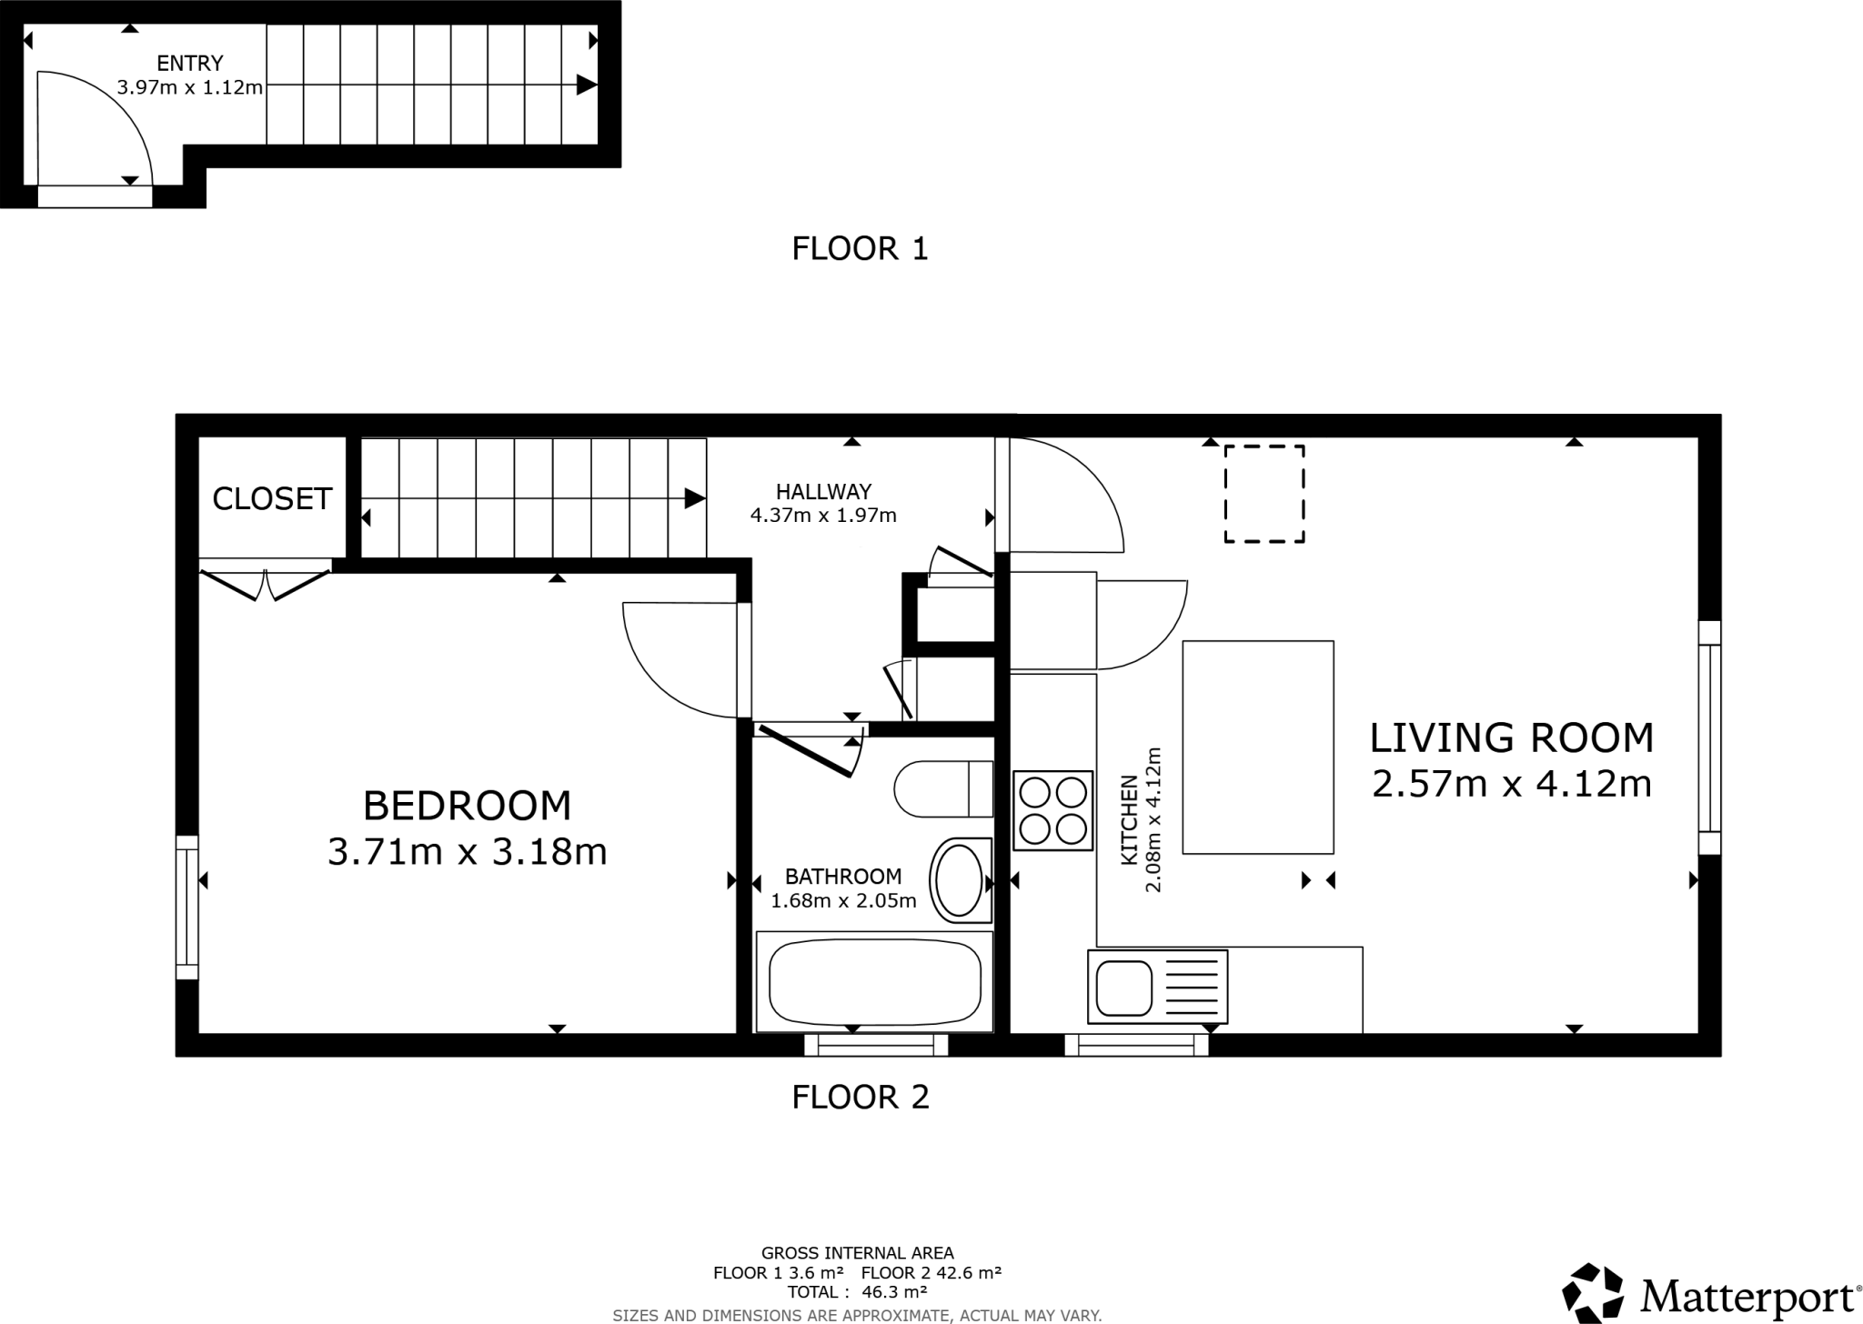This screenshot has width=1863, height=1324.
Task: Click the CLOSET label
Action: (x=272, y=498)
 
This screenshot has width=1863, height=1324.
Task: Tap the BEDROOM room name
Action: (x=467, y=806)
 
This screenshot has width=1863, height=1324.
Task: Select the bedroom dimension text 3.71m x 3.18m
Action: (x=467, y=852)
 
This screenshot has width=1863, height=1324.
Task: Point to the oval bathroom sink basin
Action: (x=959, y=880)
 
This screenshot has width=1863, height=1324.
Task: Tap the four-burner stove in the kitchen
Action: (x=1052, y=810)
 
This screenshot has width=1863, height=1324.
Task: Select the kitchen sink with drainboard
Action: (x=1157, y=988)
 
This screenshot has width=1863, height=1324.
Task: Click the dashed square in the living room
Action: (x=1264, y=494)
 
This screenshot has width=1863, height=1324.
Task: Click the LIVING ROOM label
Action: (x=1511, y=737)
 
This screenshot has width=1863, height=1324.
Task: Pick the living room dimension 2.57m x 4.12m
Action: (x=1511, y=783)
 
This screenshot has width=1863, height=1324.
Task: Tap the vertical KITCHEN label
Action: (x=1129, y=819)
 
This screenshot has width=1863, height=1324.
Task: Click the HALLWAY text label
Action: (x=823, y=492)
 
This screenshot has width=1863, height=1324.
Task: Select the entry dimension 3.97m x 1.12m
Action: (x=189, y=87)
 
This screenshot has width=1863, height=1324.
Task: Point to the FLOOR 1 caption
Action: (x=860, y=248)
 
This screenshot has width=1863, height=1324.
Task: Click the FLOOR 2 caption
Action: (x=860, y=1098)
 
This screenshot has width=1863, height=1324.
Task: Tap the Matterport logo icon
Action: (x=1593, y=1292)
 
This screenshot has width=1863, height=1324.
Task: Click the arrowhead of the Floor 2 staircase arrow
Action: (x=695, y=498)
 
